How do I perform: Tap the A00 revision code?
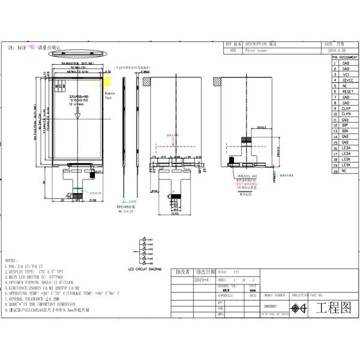click(x=233, y=51)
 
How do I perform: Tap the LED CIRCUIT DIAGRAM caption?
click(x=145, y=269)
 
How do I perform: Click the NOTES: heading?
click(x=11, y=260)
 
